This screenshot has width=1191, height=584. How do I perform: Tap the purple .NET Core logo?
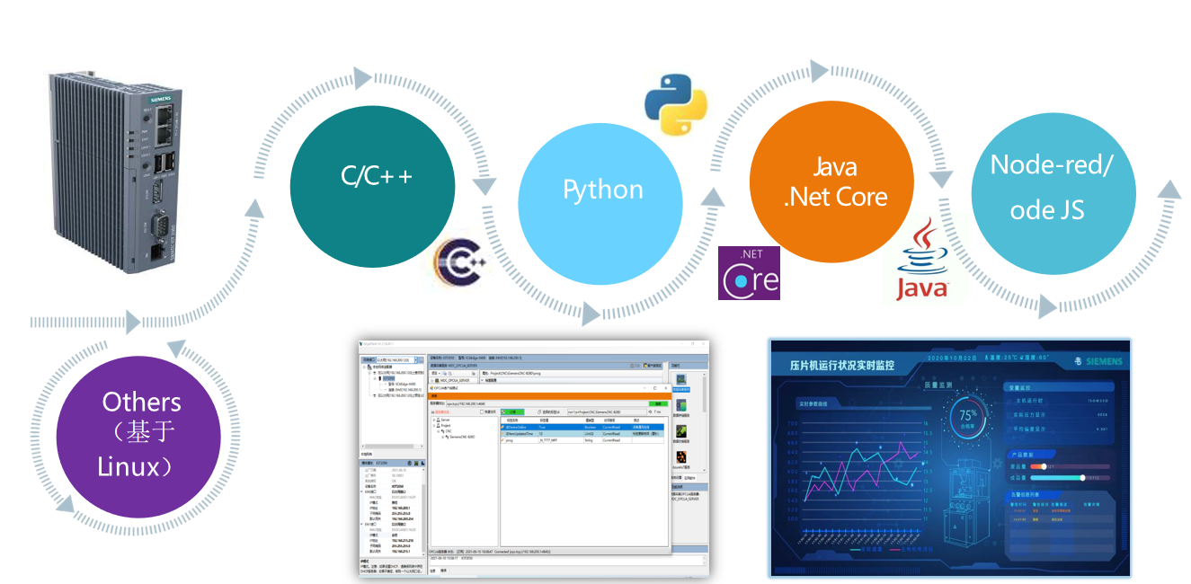point(750,273)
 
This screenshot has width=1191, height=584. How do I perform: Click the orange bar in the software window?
point(548,395)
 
